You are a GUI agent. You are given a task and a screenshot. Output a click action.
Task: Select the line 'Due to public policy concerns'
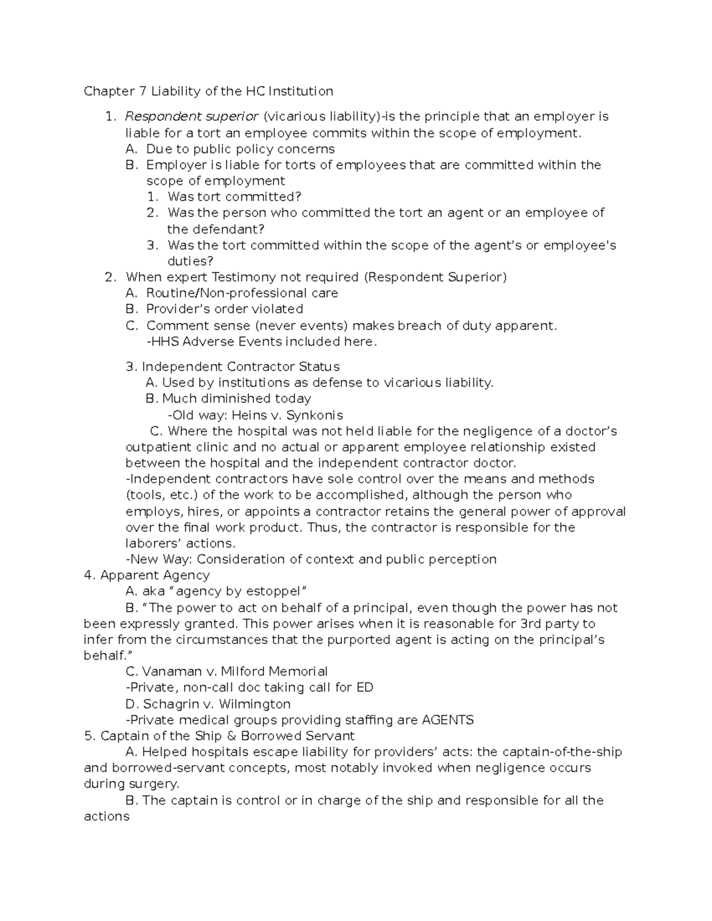click(240, 149)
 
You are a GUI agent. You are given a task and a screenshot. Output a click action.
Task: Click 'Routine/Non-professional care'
click(242, 293)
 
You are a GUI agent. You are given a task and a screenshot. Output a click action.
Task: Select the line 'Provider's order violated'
click(224, 309)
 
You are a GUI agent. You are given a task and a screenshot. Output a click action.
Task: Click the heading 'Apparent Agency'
click(155, 575)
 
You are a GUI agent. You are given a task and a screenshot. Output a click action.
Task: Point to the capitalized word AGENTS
click(447, 720)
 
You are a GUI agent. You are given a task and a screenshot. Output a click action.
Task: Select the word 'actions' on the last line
click(106, 817)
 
